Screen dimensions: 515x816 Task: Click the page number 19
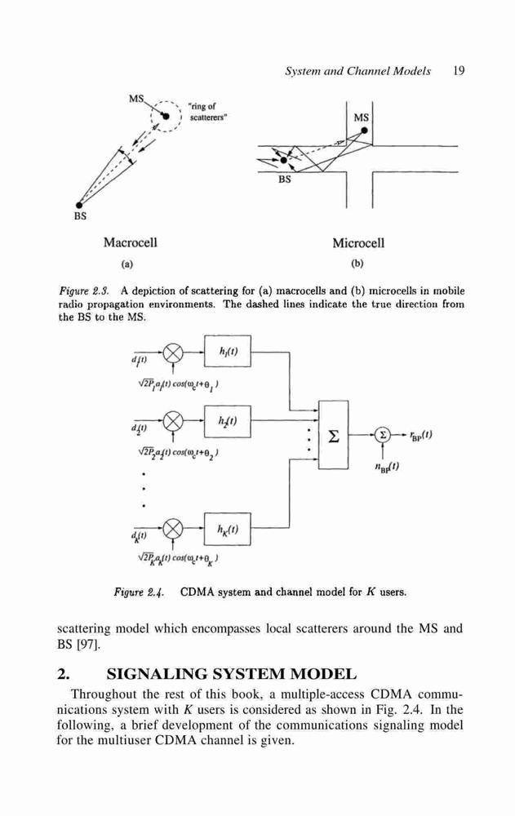pyautogui.click(x=458, y=71)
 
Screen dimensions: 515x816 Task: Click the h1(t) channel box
pyautogui.click(x=227, y=351)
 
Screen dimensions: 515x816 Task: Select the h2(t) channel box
pyautogui.click(x=227, y=421)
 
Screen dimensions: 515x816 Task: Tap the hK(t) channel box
pyautogui.click(x=227, y=529)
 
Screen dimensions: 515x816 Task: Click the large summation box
pyautogui.click(x=333, y=435)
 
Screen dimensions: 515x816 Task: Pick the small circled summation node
pyautogui.click(x=383, y=435)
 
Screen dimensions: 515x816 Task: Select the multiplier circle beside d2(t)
pyautogui.click(x=173, y=420)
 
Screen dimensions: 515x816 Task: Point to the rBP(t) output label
pyautogui.click(x=421, y=435)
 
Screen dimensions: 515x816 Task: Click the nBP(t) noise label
pyautogui.click(x=386, y=466)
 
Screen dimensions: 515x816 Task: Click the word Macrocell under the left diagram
pyautogui.click(x=131, y=242)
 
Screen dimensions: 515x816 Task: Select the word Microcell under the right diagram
pyautogui.click(x=358, y=243)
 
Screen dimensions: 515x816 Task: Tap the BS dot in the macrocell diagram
pyautogui.click(x=79, y=205)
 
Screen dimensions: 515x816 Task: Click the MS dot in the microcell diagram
pyautogui.click(x=365, y=131)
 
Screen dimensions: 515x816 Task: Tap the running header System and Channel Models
pyautogui.click(x=357, y=71)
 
